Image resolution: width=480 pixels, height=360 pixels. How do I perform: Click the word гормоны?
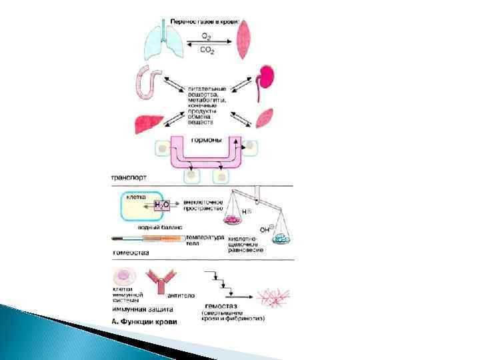tap(207, 140)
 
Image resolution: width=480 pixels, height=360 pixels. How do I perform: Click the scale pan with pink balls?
tap(235, 219)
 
